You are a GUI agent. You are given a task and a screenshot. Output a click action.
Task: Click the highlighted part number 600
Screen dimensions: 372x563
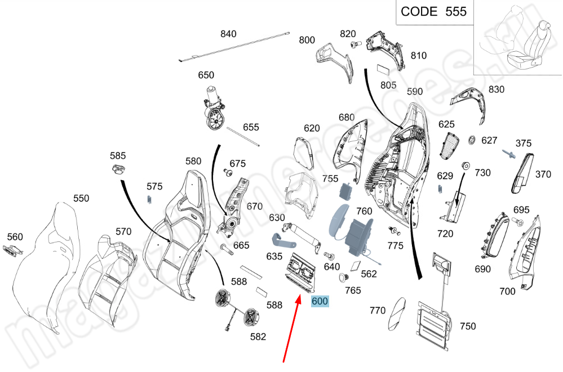320,301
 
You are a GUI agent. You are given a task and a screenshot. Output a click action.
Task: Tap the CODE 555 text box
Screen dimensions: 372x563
433,11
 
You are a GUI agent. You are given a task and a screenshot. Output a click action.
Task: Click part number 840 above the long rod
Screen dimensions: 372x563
228,34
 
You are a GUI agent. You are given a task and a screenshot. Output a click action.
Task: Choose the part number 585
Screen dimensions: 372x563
118,155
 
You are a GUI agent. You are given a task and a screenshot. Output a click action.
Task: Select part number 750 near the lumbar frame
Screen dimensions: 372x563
468,326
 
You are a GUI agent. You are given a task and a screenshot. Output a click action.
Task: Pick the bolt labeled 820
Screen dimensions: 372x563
354,44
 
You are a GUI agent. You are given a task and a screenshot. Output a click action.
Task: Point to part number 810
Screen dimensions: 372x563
419,56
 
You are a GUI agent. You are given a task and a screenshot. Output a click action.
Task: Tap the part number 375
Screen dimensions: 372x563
524,144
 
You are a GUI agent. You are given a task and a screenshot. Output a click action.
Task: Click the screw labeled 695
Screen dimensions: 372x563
519,223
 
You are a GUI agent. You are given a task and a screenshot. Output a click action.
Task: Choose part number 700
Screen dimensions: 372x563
507,291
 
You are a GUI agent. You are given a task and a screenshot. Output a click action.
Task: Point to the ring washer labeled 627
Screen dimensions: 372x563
472,140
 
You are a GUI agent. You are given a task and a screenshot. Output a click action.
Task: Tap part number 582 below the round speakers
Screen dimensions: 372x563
258,337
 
